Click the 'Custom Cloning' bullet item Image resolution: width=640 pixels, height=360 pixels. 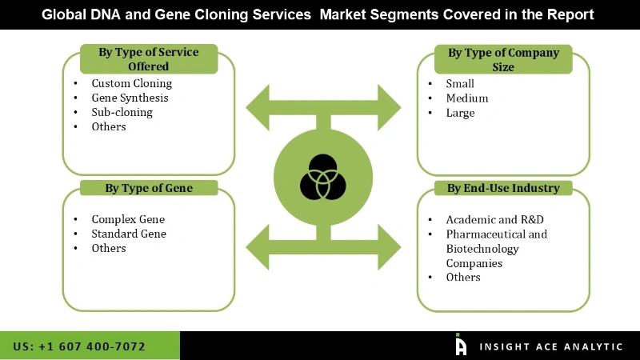(131, 83)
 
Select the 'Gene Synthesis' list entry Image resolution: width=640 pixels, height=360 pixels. (130, 98)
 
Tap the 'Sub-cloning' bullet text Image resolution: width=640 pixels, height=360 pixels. (122, 112)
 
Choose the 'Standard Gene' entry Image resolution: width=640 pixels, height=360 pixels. (129, 234)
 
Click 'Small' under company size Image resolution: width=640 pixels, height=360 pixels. (460, 83)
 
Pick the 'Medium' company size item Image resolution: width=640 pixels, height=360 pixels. (467, 98)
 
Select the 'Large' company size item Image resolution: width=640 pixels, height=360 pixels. (461, 113)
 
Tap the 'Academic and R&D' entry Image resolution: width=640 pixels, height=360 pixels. (490, 219)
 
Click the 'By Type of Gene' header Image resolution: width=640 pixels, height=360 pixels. (149, 189)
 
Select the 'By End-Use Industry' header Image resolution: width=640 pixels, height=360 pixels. (503, 189)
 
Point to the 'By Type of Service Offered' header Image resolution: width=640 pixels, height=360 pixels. (149, 59)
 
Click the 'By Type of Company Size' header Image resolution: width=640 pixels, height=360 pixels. (503, 59)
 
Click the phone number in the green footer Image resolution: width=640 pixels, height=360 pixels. (79, 346)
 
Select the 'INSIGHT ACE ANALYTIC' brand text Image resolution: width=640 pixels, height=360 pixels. (550, 346)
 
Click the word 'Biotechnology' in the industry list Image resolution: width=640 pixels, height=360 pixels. (482, 249)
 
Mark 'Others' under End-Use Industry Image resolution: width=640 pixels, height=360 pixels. (463, 277)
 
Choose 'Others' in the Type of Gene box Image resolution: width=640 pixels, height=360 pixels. (109, 248)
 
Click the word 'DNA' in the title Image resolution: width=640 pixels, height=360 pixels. (117, 14)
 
